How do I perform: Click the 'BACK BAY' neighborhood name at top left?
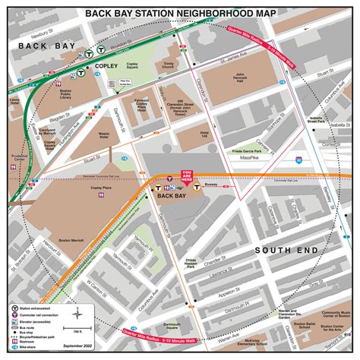(35, 46)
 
